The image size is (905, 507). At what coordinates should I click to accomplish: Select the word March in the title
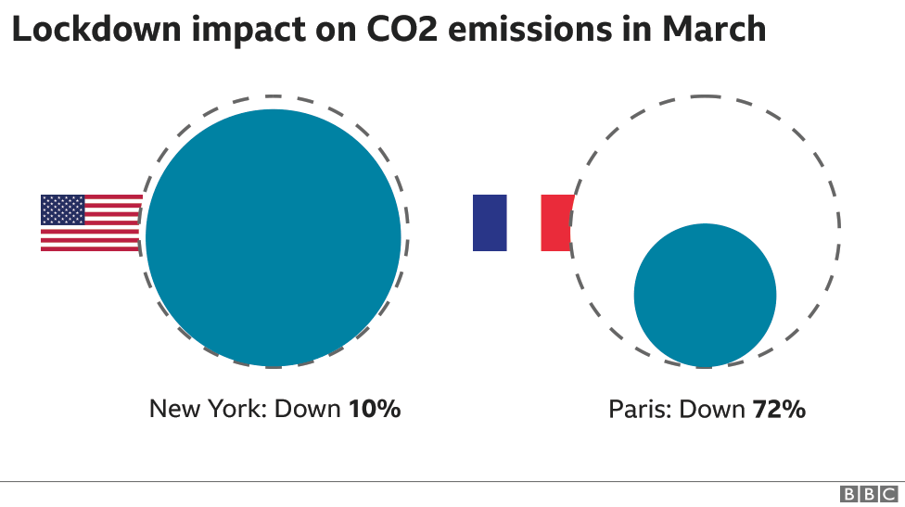click(713, 30)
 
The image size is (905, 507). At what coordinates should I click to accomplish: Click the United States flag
click(91, 223)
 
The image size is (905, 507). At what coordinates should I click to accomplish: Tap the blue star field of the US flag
click(63, 209)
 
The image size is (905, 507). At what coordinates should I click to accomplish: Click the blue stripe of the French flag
click(490, 222)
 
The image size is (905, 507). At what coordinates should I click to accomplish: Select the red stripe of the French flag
click(556, 222)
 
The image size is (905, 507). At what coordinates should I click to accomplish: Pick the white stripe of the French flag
click(524, 222)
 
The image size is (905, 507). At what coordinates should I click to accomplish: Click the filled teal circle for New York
click(274, 237)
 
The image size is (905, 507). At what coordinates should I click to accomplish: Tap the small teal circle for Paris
click(705, 295)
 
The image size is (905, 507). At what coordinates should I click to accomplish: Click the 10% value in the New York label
click(375, 409)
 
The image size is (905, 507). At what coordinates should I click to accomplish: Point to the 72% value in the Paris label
click(778, 409)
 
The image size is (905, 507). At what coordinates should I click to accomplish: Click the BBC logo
click(871, 494)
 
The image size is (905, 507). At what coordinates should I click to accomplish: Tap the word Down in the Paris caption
click(710, 409)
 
